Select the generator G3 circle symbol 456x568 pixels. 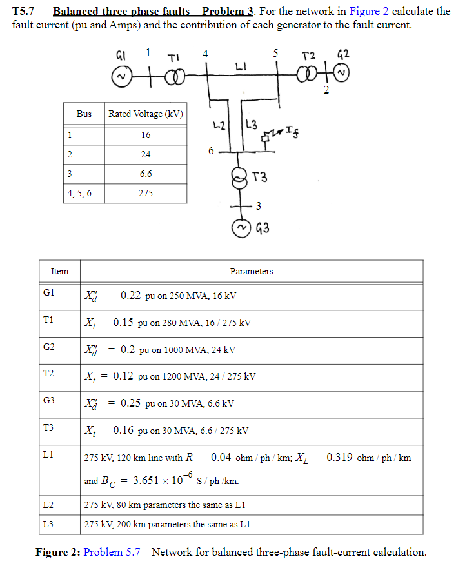[x=241, y=228]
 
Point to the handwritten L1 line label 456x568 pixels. [x=240, y=67]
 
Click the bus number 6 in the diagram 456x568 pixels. [x=211, y=151]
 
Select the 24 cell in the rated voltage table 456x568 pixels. [x=146, y=155]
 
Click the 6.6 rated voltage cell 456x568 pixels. [x=146, y=174]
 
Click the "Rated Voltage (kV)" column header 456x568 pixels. [x=146, y=114]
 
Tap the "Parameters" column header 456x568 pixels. [x=251, y=271]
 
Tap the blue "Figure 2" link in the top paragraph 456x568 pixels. [x=368, y=12]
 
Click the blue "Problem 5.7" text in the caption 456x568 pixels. [x=112, y=552]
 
